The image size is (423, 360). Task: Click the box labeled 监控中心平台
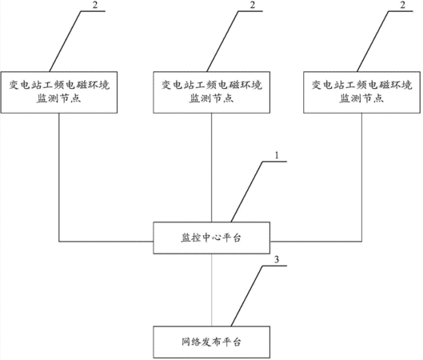[x=211, y=238]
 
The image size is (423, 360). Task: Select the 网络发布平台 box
[x=211, y=342]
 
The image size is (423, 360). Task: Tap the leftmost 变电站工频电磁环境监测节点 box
[x=59, y=92]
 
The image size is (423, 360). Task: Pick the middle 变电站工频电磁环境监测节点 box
[x=211, y=92]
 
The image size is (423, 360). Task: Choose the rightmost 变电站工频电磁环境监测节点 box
[x=361, y=92]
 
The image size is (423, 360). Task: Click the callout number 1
[x=277, y=155]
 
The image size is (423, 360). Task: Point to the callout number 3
[x=277, y=260]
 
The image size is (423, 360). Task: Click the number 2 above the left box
[x=94, y=5]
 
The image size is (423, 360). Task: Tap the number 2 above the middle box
[x=252, y=5]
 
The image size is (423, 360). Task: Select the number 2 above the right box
[x=402, y=5]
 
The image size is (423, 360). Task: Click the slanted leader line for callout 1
[x=247, y=192]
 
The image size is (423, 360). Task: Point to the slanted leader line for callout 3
[x=247, y=296]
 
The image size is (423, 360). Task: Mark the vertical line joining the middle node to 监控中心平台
[x=211, y=167]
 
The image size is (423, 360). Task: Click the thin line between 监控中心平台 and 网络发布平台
[x=211, y=290]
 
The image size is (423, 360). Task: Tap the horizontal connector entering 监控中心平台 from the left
[x=106, y=242]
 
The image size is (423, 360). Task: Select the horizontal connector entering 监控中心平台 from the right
[x=316, y=242]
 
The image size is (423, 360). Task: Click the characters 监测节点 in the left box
[x=59, y=98]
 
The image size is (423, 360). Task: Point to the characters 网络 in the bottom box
[x=191, y=342]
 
